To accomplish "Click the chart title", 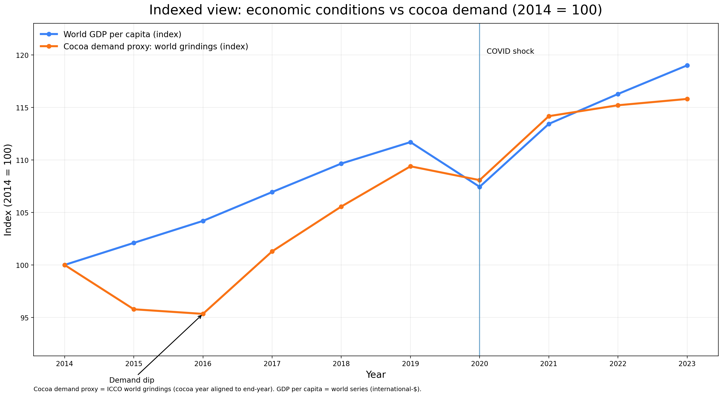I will pyautogui.click(x=375, y=10).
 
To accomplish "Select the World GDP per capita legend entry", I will pyautogui.click(x=122, y=35).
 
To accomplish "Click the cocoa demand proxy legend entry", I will pyautogui.click(x=156, y=46).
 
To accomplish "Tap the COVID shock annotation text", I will pyautogui.click(x=510, y=51).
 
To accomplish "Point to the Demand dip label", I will pyautogui.click(x=132, y=380).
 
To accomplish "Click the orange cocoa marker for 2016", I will pyautogui.click(x=203, y=314).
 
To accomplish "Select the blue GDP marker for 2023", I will pyautogui.click(x=687, y=66).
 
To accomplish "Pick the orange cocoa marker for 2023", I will pyautogui.click(x=687, y=99).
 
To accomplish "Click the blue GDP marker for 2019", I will pyautogui.click(x=410, y=142).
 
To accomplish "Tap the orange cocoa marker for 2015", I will pyautogui.click(x=134, y=309).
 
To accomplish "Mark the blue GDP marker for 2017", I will pyautogui.click(x=272, y=192).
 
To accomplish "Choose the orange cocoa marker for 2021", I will pyautogui.click(x=549, y=116).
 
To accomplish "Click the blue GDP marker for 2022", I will pyautogui.click(x=618, y=94).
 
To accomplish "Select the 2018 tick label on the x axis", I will pyautogui.click(x=341, y=364).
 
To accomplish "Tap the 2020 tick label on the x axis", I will pyautogui.click(x=480, y=364).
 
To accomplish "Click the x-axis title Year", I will pyautogui.click(x=375, y=375).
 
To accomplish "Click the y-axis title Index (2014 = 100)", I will pyautogui.click(x=8, y=190).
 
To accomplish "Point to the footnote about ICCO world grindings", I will pyautogui.click(x=227, y=389).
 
